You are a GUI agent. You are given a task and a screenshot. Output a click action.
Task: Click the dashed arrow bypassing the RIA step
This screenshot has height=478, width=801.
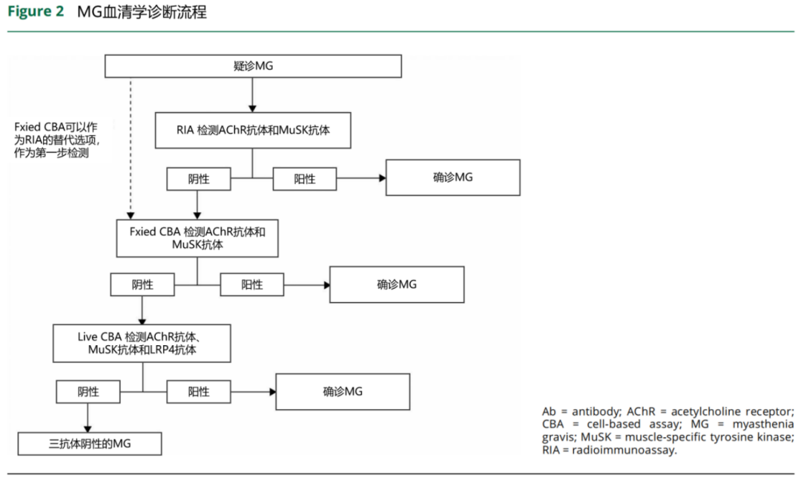pyautogui.click(x=131, y=148)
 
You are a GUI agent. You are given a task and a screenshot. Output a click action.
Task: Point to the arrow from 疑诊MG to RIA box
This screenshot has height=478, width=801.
pyautogui.click(x=252, y=95)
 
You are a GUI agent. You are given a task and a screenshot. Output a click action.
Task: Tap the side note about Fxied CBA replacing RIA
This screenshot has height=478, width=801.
pyautogui.click(x=56, y=140)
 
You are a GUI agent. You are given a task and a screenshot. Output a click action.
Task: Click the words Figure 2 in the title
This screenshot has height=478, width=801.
pyautogui.click(x=36, y=11)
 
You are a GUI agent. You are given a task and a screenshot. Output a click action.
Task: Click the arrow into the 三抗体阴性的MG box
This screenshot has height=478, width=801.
pyautogui.click(x=88, y=418)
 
